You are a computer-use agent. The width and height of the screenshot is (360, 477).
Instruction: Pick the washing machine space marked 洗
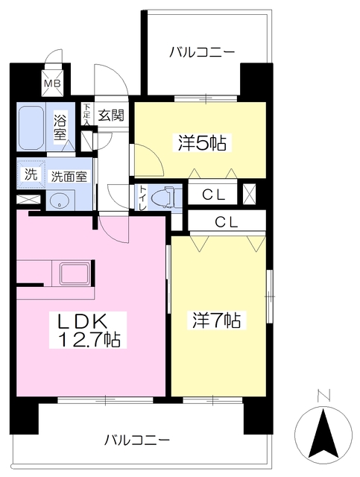(x=31, y=175)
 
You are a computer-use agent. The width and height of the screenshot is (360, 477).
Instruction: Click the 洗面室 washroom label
(x=68, y=177)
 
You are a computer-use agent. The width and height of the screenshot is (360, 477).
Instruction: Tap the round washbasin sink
(x=57, y=200)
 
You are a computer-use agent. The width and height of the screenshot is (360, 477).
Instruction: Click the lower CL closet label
(x=227, y=221)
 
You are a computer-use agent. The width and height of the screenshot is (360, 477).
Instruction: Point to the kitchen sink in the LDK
(x=75, y=273)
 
